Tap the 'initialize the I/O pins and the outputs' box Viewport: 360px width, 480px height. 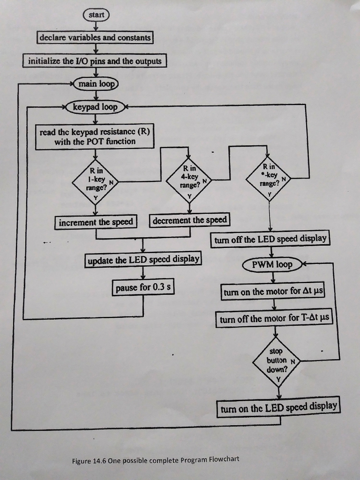coord(95,61)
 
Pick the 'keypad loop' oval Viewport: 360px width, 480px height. coord(95,107)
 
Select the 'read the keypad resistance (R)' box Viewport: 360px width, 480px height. coord(95,137)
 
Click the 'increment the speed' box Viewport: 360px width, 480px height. coord(96,222)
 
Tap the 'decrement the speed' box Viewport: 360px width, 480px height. coord(190,220)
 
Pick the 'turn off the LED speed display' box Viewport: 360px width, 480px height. coord(270,239)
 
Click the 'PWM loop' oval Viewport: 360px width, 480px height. coord(272,265)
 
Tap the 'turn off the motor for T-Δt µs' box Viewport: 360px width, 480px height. coord(274,319)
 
